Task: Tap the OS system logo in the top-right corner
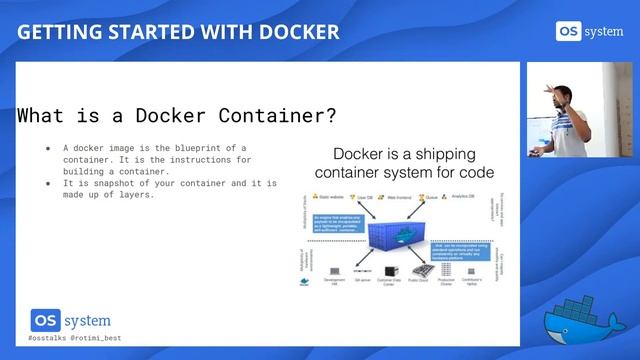coord(590,30)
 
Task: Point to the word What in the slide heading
coord(48,115)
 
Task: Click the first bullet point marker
coord(47,147)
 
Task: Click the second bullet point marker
coord(47,183)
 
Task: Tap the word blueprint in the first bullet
coord(180,147)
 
